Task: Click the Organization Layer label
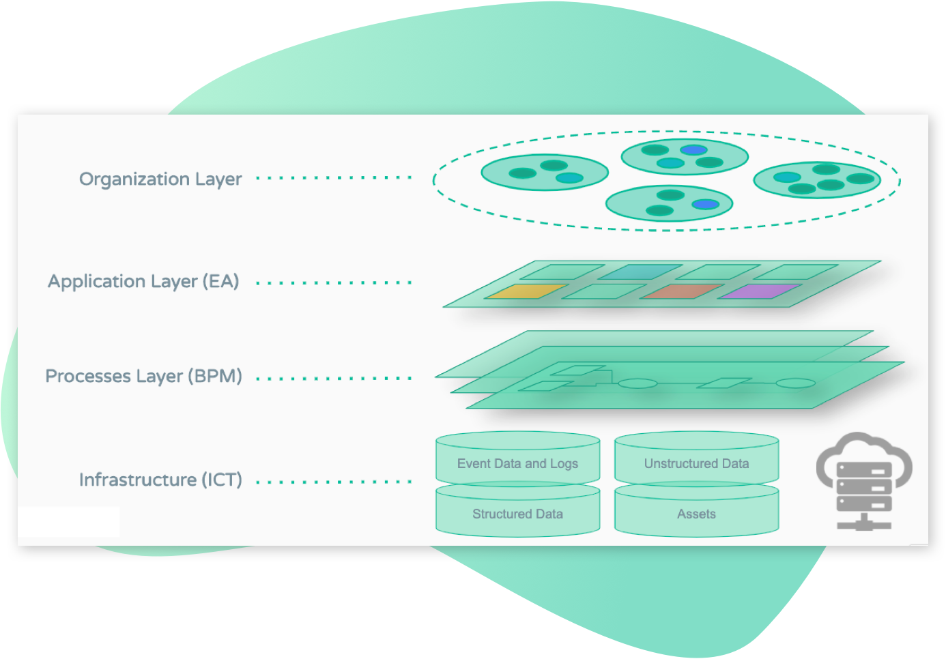160,179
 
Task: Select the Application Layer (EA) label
143,281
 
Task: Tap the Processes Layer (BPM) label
143,376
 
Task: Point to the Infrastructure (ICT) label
160,480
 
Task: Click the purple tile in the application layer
760,291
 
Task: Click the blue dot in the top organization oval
693,149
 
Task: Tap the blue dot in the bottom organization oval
705,204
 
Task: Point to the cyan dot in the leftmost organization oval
569,178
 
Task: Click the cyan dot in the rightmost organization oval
787,177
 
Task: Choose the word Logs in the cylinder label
564,463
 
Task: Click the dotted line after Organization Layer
334,178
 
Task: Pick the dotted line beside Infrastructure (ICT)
334,482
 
